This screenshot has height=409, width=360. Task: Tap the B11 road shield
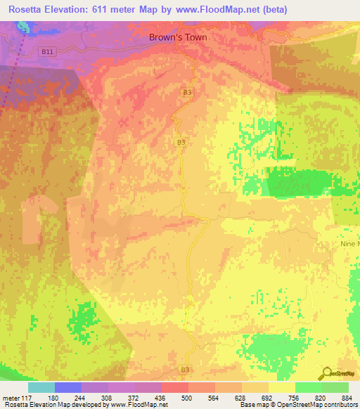(x=47, y=51)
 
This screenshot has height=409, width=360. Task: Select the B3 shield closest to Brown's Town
(x=187, y=92)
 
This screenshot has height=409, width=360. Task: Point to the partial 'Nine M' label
(x=349, y=244)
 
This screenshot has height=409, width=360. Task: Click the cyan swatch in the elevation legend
(x=41, y=387)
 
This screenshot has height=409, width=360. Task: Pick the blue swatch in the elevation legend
(x=67, y=387)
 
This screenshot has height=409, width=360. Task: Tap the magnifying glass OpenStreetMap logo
(x=327, y=372)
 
